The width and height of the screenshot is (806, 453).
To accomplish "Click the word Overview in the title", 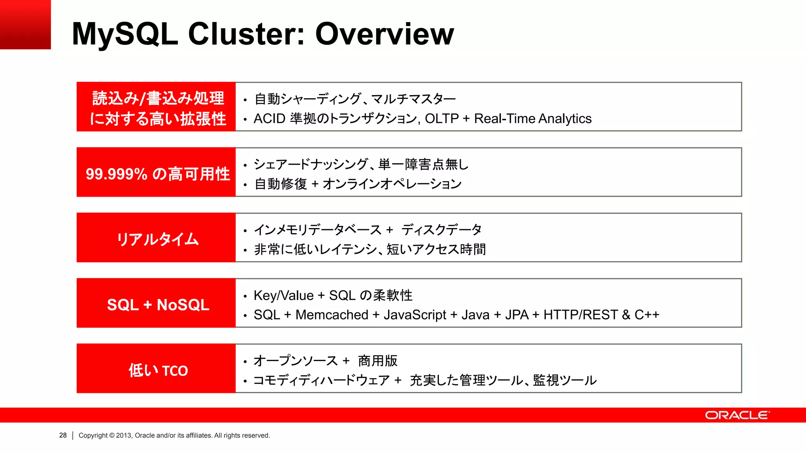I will click(385, 34).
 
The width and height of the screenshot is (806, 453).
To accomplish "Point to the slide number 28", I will click(63, 435).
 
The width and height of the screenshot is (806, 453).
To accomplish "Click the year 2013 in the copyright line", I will click(124, 435).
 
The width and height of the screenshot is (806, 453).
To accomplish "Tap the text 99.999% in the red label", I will click(116, 174).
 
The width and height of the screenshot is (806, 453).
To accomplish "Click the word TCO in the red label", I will click(175, 371).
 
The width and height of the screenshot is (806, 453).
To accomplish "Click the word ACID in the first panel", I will click(269, 119).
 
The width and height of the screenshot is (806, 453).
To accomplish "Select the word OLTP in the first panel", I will click(442, 119).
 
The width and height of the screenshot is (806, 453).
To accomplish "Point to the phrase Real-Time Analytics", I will click(532, 119).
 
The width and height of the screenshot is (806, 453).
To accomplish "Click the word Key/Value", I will click(283, 295).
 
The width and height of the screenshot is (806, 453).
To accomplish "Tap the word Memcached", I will click(332, 315).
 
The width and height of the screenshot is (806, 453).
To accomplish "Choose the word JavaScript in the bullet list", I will click(415, 315).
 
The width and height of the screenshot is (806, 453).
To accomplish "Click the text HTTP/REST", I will click(580, 315).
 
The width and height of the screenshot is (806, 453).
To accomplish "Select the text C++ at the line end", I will click(647, 315).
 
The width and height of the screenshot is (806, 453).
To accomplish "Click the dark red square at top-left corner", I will click(25, 24).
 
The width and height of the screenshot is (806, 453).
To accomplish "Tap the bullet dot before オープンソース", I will click(245, 362).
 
